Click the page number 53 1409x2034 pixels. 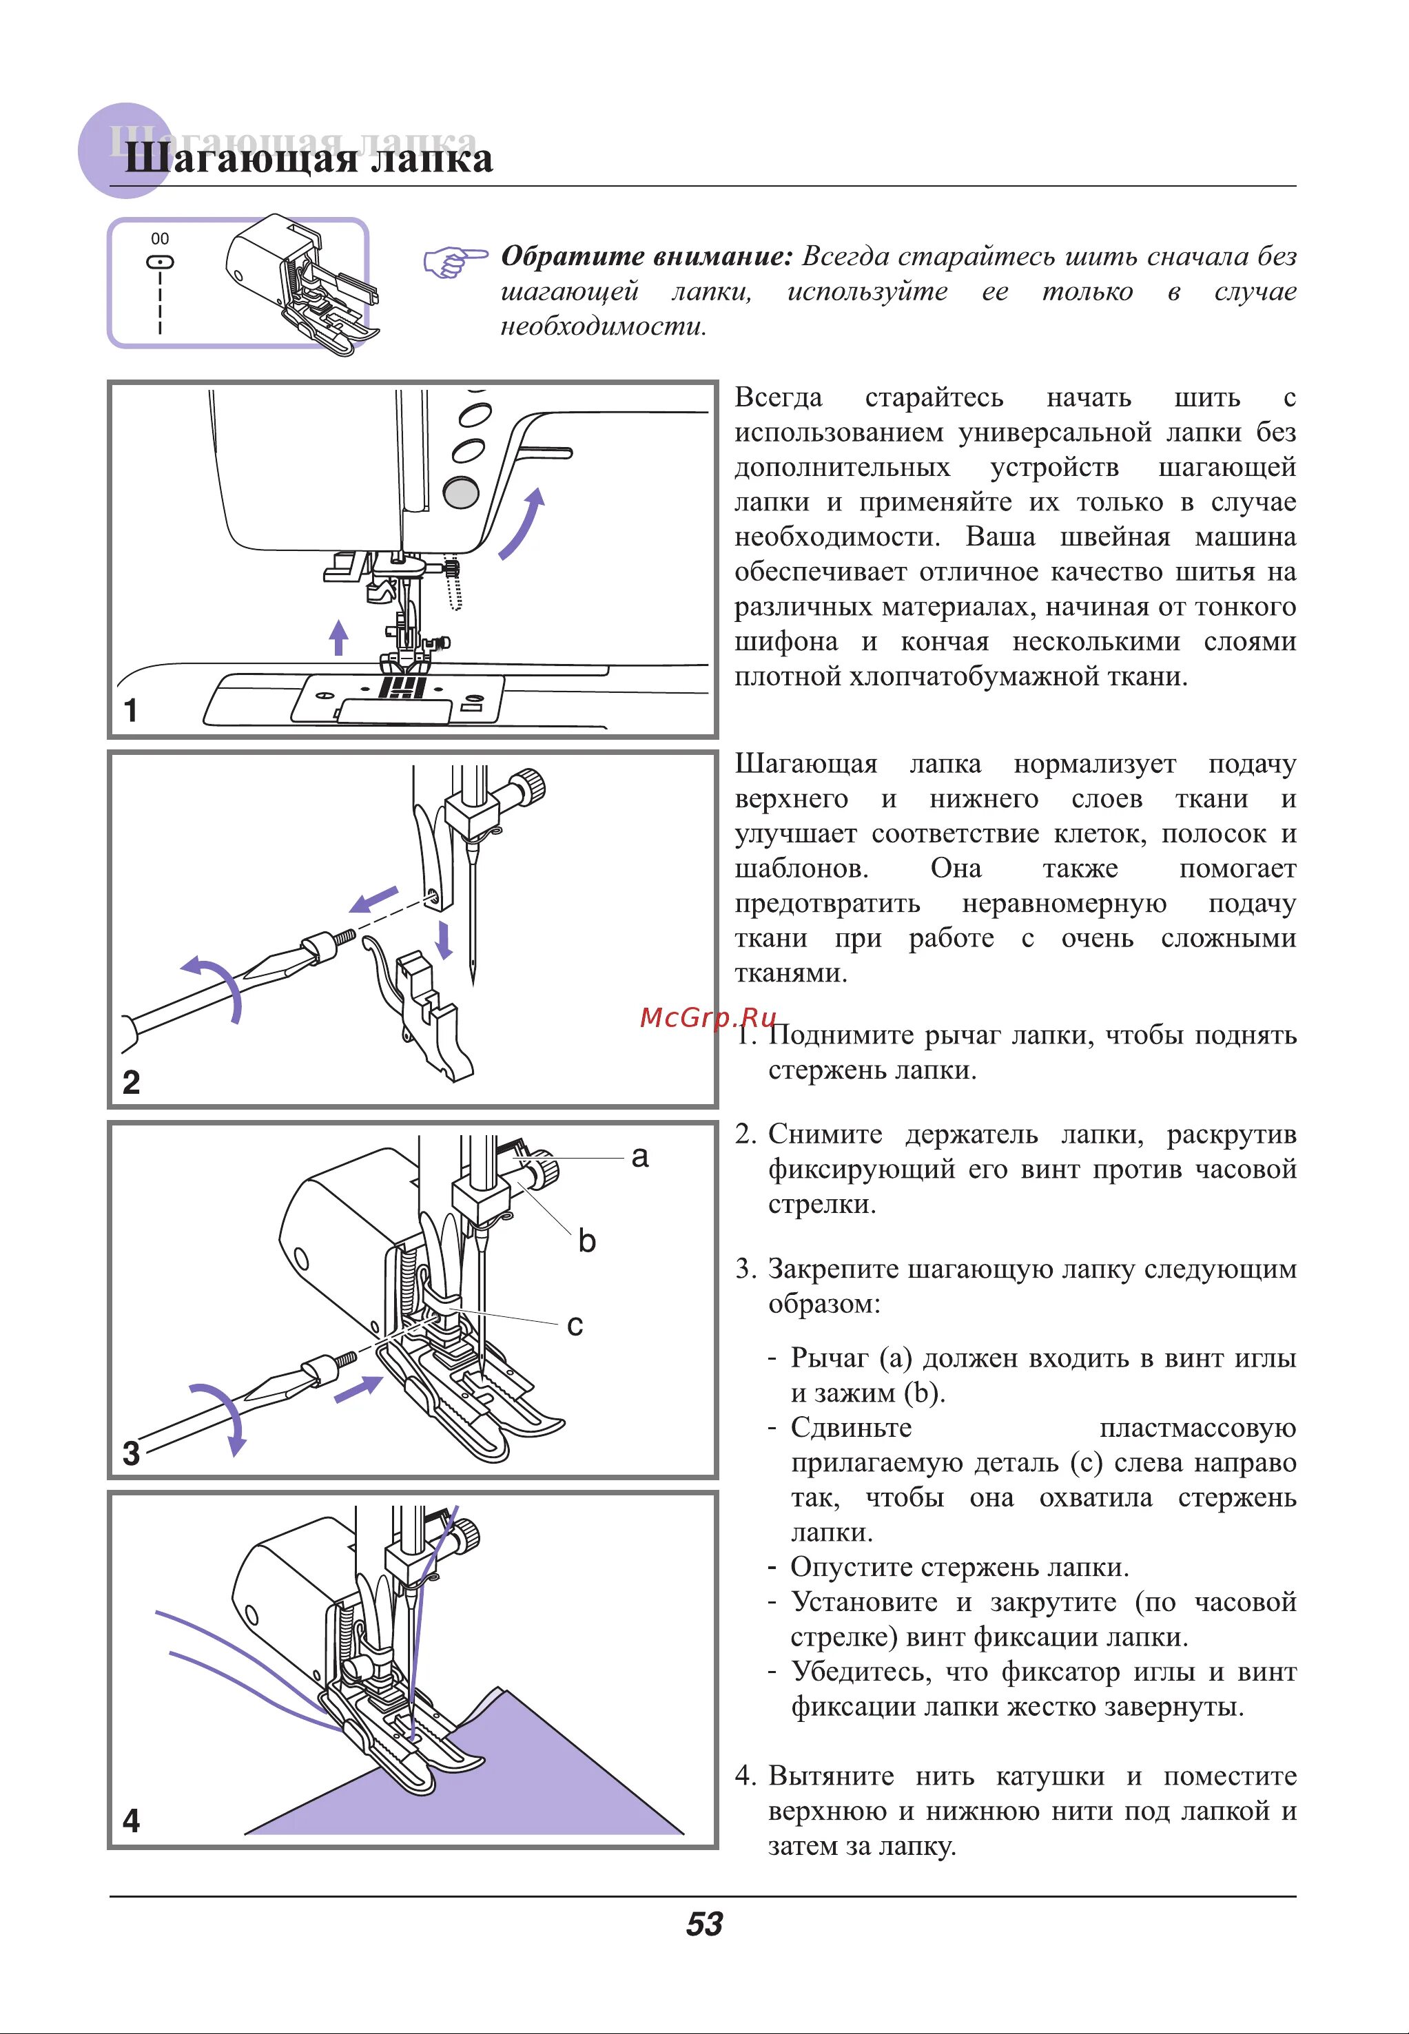click(703, 1924)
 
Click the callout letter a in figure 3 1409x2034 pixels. click(640, 1156)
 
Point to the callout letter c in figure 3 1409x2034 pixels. click(575, 1325)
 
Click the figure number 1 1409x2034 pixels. click(131, 710)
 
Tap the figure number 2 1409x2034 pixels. click(132, 1082)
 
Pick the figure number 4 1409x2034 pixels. click(132, 1820)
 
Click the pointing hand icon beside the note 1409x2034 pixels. click(454, 262)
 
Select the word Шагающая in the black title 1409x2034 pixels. click(238, 160)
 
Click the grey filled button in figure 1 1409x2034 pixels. click(460, 492)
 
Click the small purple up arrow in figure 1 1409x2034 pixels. click(338, 636)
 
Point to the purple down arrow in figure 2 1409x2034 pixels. click(444, 941)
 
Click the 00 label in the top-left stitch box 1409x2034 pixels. click(160, 238)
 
